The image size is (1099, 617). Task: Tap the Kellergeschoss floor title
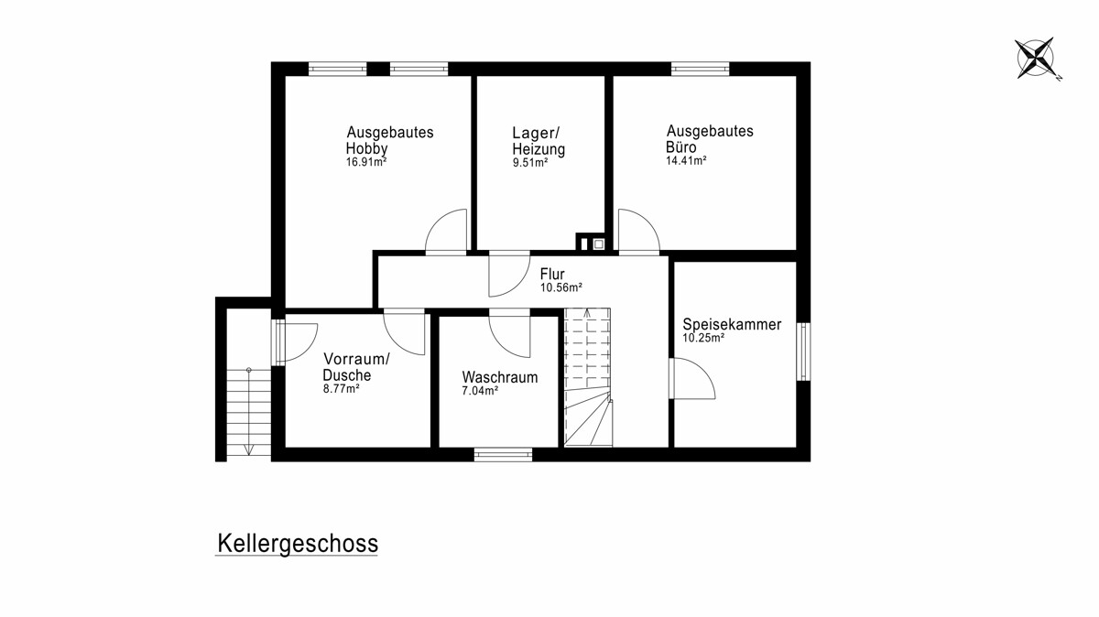point(298,544)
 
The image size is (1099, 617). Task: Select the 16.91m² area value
point(366,162)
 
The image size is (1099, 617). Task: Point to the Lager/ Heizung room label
point(539,141)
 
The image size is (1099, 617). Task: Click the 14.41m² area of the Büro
point(686,160)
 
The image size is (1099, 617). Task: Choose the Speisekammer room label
point(732,324)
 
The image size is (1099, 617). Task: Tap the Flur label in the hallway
point(552,274)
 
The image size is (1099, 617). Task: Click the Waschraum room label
point(499,377)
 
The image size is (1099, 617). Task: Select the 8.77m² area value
point(341,389)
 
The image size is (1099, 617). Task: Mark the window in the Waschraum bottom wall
point(503,454)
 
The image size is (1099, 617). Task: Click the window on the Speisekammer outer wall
point(803,352)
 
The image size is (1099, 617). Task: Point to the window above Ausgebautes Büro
point(700,69)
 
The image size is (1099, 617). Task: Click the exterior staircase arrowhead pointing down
point(249,450)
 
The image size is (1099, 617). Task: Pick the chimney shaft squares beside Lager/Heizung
point(590,243)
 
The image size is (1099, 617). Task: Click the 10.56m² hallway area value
point(561,287)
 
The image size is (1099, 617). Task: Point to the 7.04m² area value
point(480,391)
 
